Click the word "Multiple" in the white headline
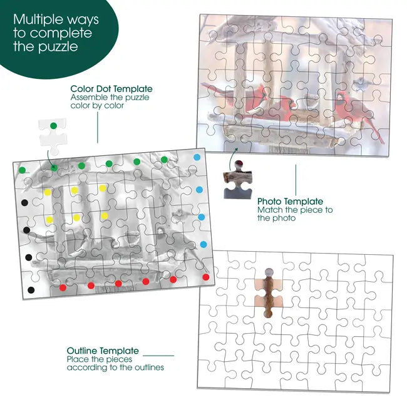38,21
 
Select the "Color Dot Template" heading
111,89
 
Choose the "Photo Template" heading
290,202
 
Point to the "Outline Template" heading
103,351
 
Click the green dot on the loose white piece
53,126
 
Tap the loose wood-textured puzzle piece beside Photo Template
237,180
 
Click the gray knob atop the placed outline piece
269,272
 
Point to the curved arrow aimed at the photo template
232,158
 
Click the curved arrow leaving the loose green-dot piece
50,160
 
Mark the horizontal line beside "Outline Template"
158,356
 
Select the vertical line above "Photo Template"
296,180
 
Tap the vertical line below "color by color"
98,127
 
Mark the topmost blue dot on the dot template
197,157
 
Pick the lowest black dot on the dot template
31,290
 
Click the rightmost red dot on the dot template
206,277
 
